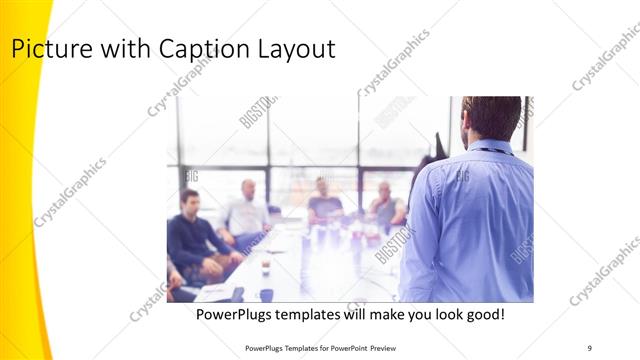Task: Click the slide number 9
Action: tap(589, 347)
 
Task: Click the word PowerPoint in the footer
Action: tap(369, 347)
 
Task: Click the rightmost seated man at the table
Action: tap(385, 207)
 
